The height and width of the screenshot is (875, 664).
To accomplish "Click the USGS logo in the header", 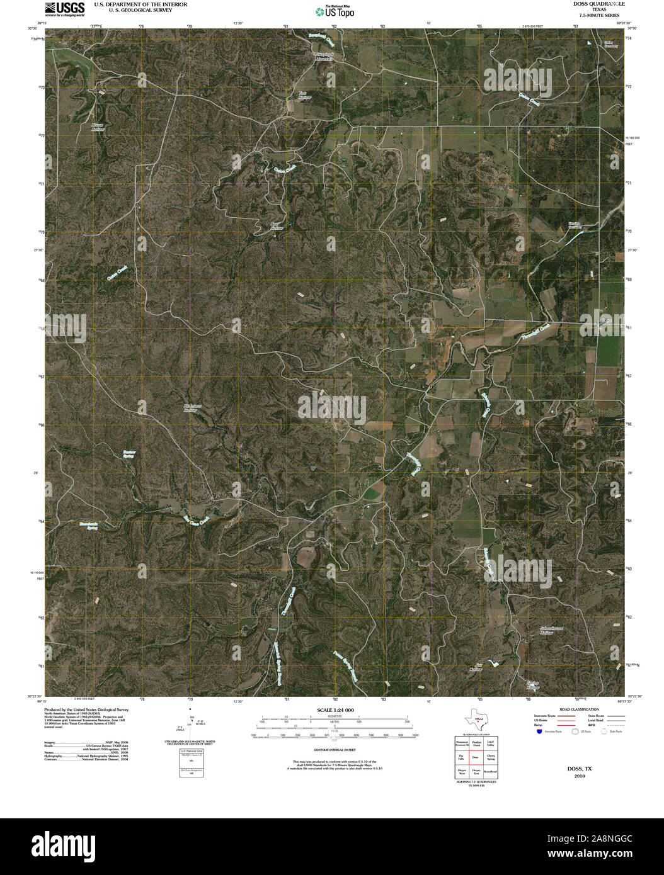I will [65, 8].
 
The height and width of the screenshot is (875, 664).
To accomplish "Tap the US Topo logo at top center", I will [334, 11].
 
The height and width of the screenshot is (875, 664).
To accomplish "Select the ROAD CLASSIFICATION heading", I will [574, 709].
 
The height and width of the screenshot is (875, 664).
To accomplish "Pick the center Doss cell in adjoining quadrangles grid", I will [476, 757].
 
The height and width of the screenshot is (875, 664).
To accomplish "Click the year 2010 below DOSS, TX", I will [580, 777].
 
